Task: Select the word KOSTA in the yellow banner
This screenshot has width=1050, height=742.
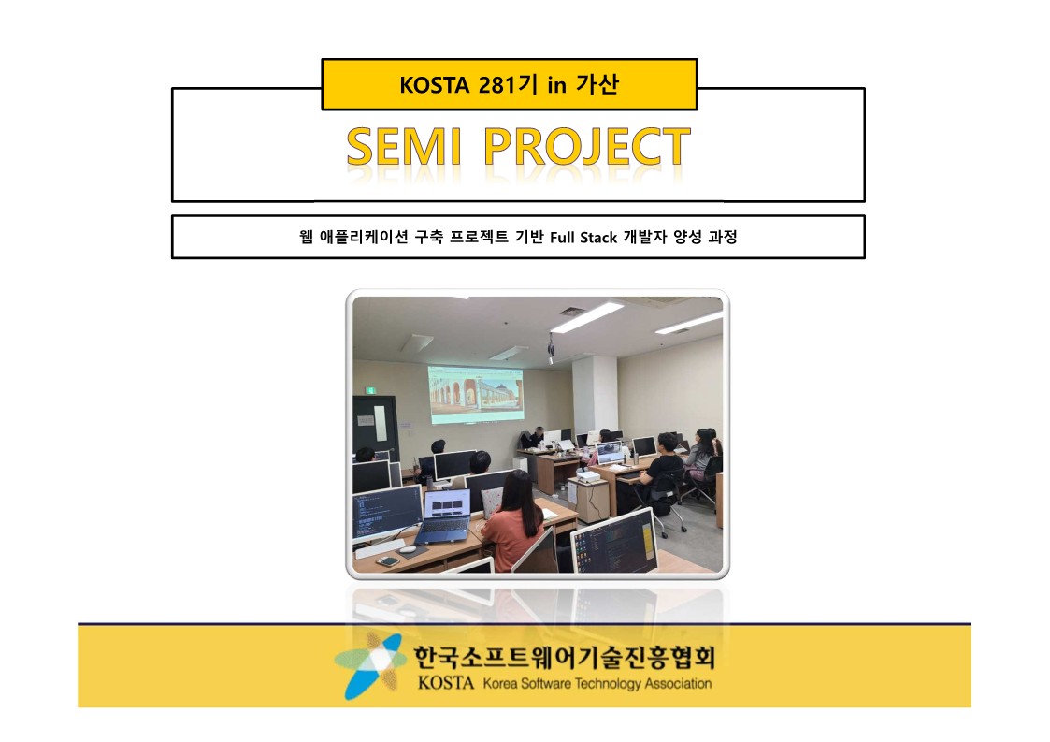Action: click(x=434, y=85)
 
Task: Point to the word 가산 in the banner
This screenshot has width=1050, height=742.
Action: click(x=597, y=84)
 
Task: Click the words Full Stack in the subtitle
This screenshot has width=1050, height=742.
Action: click(x=583, y=238)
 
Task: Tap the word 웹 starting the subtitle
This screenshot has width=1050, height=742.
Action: click(x=306, y=237)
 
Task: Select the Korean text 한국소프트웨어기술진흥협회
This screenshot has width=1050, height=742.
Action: click(x=565, y=657)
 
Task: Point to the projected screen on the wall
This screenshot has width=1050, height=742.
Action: click(x=476, y=395)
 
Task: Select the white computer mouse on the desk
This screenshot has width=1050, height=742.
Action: click(x=407, y=549)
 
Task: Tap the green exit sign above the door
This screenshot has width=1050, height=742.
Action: click(x=369, y=390)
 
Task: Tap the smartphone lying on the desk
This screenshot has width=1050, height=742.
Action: click(x=387, y=561)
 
